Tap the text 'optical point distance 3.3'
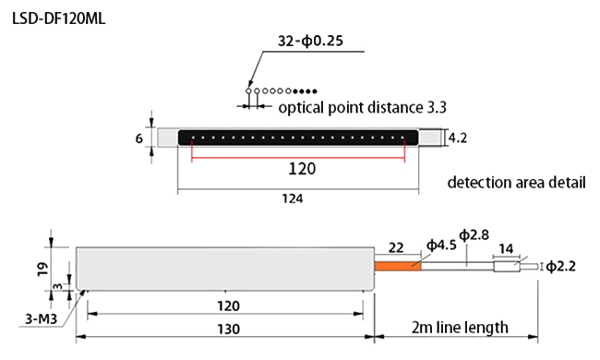click(363, 107)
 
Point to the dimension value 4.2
click(459, 138)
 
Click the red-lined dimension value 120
click(302, 168)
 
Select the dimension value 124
click(294, 198)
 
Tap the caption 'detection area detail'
click(516, 182)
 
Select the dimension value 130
click(227, 329)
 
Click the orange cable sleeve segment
click(397, 266)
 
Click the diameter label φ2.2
click(565, 268)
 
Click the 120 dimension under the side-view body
click(227, 306)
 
